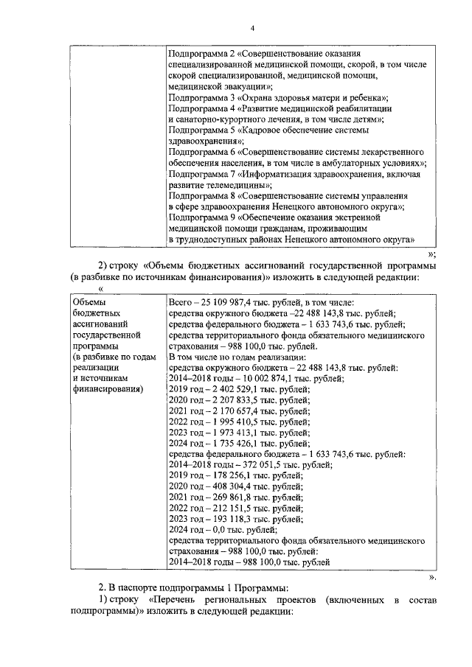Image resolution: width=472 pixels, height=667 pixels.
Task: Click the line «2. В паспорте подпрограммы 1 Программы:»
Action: tap(192, 589)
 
